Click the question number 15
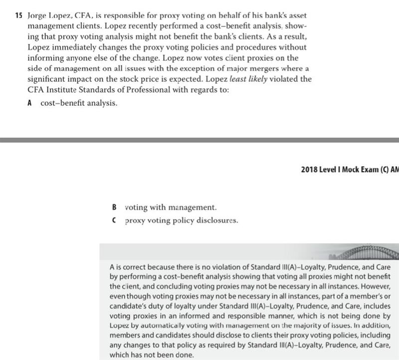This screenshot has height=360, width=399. click(18, 15)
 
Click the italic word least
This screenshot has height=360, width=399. click(239, 79)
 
